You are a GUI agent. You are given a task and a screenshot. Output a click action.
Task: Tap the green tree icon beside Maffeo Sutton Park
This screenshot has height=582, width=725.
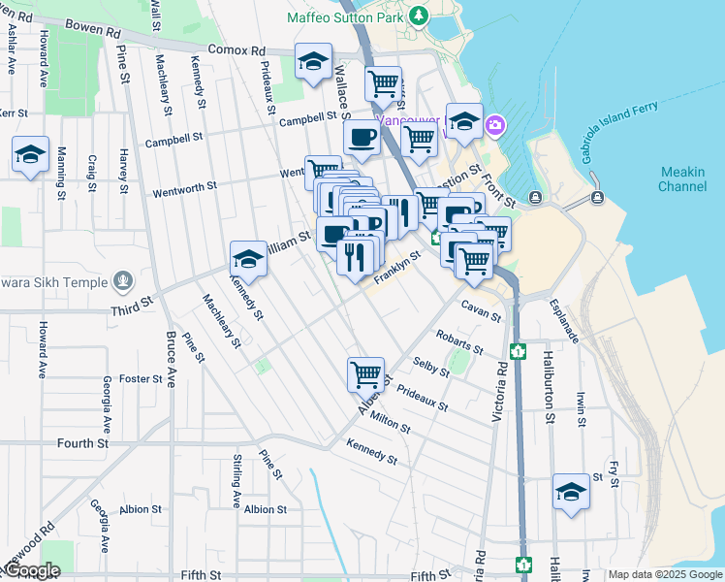419,16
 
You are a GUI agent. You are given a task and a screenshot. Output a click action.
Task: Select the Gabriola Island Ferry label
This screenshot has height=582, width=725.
620,129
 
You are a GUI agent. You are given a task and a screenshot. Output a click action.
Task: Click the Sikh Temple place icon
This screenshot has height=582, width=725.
122,282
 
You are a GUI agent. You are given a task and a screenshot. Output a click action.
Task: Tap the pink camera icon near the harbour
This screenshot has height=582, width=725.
495,125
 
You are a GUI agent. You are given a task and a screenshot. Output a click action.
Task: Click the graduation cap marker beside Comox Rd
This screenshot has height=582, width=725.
313,63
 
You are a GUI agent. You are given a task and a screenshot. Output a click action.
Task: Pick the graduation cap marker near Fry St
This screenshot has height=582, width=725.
571,492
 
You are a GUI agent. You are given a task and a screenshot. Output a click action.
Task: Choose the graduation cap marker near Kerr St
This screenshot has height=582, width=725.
31,154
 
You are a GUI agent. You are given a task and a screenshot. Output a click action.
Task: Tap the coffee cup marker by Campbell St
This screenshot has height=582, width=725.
362,138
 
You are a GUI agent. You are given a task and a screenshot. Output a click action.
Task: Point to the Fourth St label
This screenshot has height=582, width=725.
82,443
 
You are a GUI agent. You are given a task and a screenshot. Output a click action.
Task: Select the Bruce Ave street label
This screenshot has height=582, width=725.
171,359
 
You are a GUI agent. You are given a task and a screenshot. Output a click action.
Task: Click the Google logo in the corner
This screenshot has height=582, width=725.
31,570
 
